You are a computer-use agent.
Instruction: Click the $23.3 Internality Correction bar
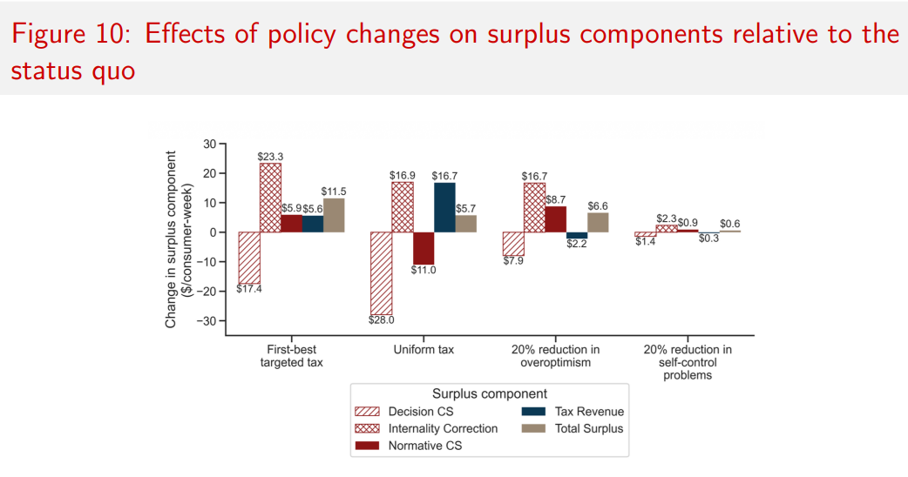(x=269, y=198)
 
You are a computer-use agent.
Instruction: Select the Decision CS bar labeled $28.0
(x=381, y=273)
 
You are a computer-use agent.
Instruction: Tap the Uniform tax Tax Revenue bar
(x=444, y=207)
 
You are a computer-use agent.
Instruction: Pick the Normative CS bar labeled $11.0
(x=424, y=248)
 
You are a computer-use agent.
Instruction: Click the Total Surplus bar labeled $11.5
(x=334, y=215)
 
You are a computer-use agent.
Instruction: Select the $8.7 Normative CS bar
(x=555, y=219)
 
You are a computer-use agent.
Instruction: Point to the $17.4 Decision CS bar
(x=248, y=258)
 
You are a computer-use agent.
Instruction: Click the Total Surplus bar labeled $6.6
(x=598, y=223)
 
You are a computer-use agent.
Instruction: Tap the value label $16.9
(x=403, y=176)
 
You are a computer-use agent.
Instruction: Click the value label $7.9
(x=513, y=261)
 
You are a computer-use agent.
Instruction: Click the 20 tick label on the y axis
(x=209, y=173)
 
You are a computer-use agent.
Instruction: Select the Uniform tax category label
(x=424, y=350)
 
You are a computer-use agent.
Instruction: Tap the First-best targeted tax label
(x=291, y=356)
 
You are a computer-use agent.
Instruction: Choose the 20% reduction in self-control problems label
(x=688, y=362)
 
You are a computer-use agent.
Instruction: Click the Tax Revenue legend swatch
(x=532, y=412)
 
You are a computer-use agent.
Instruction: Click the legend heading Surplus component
(x=489, y=393)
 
